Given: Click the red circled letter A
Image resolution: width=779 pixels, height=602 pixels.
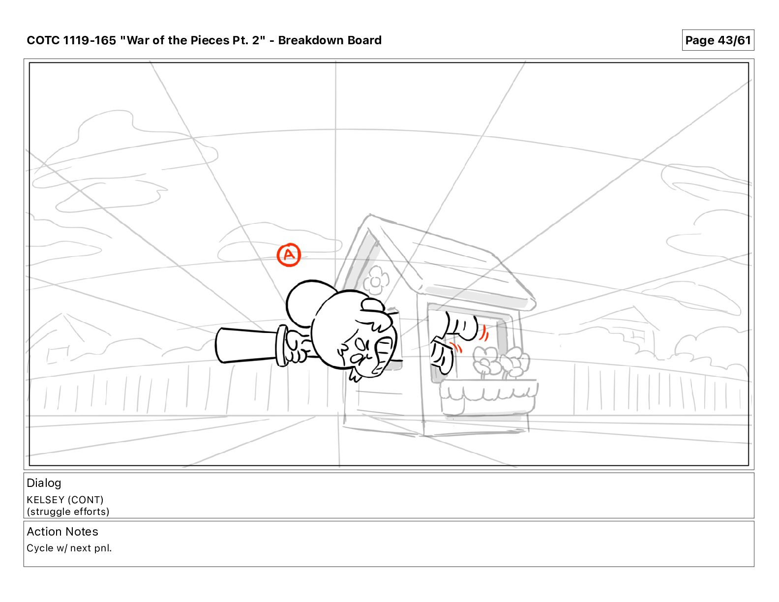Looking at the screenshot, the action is coord(289,255).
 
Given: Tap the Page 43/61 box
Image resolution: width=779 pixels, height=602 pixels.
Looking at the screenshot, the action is coord(718,40).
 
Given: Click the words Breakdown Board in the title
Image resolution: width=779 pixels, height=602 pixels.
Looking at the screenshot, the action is coord(330,40).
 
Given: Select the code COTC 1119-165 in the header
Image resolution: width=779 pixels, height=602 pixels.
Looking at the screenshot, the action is coord(71,40).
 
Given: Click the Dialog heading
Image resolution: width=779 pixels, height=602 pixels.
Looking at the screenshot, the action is coord(44,483).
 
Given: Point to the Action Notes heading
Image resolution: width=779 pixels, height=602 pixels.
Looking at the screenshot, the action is coord(62,531).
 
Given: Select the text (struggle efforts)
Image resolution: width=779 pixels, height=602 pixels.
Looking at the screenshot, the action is coord(68,512).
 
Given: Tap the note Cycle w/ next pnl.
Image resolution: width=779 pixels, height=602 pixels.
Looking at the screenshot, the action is coord(69,548).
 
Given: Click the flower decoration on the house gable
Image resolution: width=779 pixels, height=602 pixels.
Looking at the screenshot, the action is coord(376,280).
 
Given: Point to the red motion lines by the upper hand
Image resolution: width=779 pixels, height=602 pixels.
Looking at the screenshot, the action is coord(484,333).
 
